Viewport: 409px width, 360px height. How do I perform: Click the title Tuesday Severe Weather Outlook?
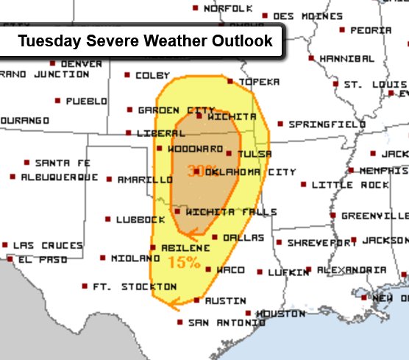point(145,40)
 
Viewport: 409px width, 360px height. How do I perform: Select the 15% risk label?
point(184,261)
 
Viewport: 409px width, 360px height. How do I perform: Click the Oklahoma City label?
point(250,172)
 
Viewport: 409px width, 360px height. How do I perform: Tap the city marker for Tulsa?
point(230,153)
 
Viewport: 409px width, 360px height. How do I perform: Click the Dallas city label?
point(243,238)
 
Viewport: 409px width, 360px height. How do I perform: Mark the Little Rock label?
point(350,185)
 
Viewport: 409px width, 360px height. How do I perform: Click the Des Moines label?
point(307,15)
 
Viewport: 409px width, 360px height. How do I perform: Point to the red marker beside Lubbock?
point(108,219)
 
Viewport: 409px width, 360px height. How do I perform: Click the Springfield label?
point(326,124)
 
